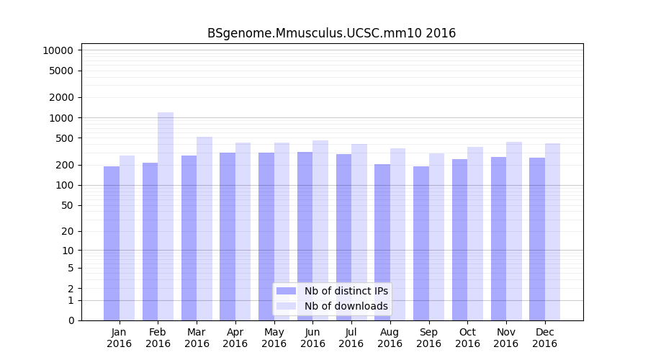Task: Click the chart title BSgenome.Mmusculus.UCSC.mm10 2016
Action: pyautogui.click(x=331, y=33)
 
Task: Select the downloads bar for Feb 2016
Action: pyautogui.click(x=166, y=216)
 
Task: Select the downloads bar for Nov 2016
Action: pyautogui.click(x=513, y=231)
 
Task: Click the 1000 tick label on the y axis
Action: pyautogui.click(x=63, y=117)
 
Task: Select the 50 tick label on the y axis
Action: pyautogui.click(x=68, y=205)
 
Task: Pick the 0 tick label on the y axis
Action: pyautogui.click(x=71, y=320)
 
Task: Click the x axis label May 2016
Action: pyautogui.click(x=274, y=338)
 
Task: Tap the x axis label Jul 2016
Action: pyautogui.click(x=351, y=338)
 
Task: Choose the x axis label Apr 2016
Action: pyautogui.click(x=235, y=338)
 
